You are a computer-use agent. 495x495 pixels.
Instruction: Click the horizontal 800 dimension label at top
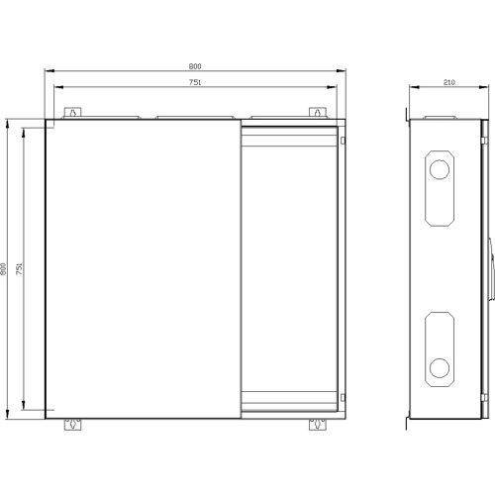pos(195,66)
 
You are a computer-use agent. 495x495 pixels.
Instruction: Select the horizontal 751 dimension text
pos(195,82)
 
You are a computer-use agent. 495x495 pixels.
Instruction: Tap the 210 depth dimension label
pos(448,82)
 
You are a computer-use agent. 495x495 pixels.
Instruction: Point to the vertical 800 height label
pos(3,269)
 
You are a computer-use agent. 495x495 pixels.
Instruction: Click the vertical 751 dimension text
pos(19,269)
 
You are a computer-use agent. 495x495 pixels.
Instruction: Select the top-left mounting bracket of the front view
pos(72,112)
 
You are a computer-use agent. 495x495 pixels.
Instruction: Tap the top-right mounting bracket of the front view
pos(318,112)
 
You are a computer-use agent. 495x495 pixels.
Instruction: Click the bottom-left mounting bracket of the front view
pos(72,425)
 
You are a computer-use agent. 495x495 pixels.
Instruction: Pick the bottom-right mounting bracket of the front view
pos(318,425)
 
